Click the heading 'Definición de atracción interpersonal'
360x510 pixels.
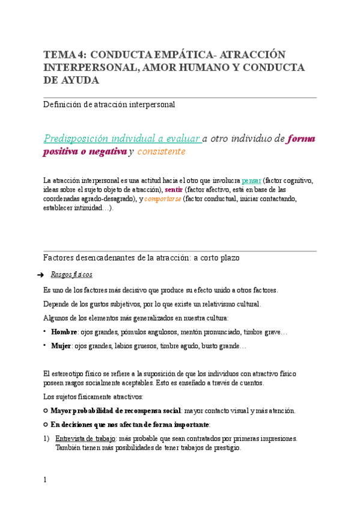(x=109, y=105)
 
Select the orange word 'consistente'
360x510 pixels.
(x=161, y=152)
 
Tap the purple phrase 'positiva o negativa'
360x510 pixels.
(x=85, y=152)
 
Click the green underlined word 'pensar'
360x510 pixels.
(x=251, y=180)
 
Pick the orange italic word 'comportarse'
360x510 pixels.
(x=163, y=198)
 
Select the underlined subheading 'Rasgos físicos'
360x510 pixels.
(x=72, y=275)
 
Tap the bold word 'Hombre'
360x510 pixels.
(x=64, y=332)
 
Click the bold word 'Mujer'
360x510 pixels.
(x=61, y=346)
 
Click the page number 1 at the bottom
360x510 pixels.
(x=44, y=480)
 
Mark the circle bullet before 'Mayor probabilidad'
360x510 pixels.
(x=46, y=411)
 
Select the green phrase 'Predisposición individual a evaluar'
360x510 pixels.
(x=122, y=138)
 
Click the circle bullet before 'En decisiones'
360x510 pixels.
(x=46, y=424)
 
